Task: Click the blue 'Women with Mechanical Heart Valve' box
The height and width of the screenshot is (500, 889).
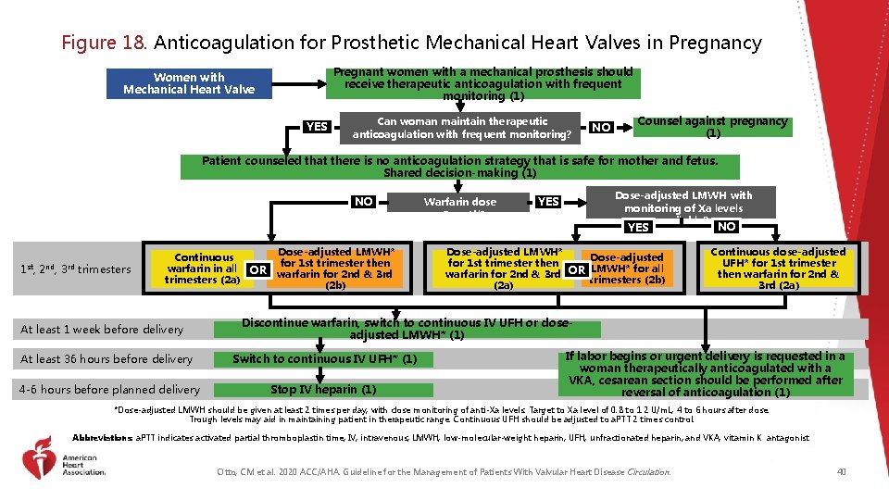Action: (x=188, y=83)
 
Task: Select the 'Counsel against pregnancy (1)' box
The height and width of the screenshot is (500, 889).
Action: (x=712, y=127)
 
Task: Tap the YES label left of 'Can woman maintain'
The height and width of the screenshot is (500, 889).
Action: (x=317, y=127)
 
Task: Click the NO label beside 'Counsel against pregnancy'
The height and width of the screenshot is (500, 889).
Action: (x=601, y=127)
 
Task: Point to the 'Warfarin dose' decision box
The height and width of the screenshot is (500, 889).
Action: (x=459, y=203)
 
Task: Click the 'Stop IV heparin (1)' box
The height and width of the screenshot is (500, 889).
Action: (x=322, y=390)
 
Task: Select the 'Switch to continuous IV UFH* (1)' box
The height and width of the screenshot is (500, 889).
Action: (x=324, y=359)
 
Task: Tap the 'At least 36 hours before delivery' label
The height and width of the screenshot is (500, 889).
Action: (x=106, y=359)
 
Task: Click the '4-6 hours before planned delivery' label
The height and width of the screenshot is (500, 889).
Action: (x=109, y=390)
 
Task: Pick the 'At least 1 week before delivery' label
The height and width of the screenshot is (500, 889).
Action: (x=102, y=329)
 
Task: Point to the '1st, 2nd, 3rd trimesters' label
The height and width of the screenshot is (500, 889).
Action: (x=75, y=269)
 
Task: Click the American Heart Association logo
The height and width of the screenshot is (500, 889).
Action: (x=65, y=464)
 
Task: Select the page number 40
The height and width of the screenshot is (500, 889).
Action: (x=841, y=472)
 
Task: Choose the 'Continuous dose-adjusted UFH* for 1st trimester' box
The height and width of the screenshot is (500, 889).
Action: (x=777, y=269)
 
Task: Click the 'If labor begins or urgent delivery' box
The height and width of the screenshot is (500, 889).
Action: (x=705, y=374)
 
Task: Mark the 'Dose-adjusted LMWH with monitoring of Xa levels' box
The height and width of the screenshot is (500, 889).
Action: (x=683, y=203)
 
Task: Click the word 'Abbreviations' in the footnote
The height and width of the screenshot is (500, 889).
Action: (x=103, y=438)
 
